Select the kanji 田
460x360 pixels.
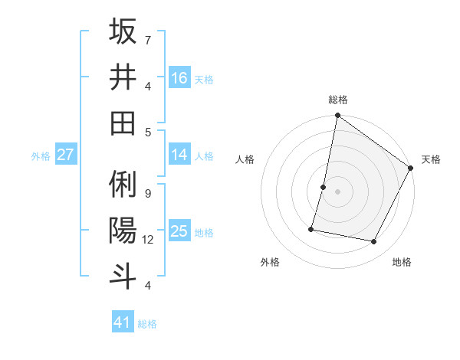click(x=123, y=123)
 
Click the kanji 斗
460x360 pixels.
click(x=123, y=276)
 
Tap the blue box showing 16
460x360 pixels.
click(x=179, y=77)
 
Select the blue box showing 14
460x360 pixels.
click(x=179, y=155)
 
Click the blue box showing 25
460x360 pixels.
click(x=179, y=231)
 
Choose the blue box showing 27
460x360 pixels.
click(x=66, y=155)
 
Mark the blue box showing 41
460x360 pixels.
click(x=123, y=322)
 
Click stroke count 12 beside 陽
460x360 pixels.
click(x=148, y=240)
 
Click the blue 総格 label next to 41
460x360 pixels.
click(x=147, y=324)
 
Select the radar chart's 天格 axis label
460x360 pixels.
click(x=431, y=159)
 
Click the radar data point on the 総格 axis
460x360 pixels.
click(x=337, y=116)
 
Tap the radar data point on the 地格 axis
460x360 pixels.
click(x=374, y=242)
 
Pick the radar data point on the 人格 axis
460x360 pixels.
click(x=324, y=187)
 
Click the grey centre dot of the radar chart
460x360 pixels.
click(x=337, y=191)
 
